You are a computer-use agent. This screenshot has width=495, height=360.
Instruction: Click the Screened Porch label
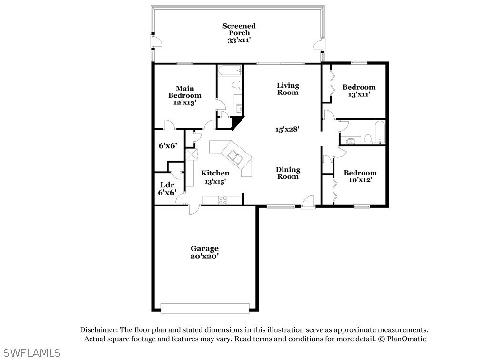(239, 29)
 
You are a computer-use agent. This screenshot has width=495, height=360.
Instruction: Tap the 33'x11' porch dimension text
(239, 41)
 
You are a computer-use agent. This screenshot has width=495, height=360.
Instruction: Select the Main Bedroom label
(184, 92)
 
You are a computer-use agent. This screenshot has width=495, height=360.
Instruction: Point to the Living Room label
(288, 89)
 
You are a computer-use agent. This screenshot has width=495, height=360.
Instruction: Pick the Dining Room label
(288, 173)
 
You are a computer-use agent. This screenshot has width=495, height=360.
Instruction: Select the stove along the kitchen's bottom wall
(223, 200)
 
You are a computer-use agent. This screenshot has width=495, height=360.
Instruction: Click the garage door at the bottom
(205, 308)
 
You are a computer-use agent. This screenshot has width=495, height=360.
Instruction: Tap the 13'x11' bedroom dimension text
(359, 94)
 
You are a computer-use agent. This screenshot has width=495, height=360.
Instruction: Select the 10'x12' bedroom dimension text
(360, 180)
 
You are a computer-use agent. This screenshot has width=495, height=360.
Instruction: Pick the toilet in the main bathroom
(236, 85)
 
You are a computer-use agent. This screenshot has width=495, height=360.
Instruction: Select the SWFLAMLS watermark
(30, 353)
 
